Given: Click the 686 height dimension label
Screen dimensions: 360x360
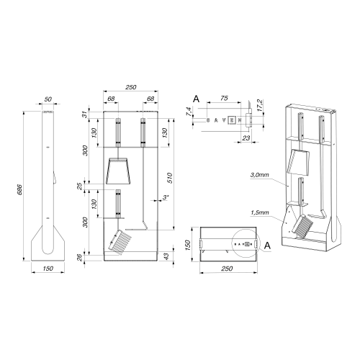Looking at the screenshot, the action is [20, 189].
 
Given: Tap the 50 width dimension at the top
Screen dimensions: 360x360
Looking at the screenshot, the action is [48, 99].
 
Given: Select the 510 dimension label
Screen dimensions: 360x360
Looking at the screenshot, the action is [170, 178].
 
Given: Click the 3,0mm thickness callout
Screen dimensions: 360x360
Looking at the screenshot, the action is [259, 175].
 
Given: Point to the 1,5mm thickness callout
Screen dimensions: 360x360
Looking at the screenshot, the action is [259, 212].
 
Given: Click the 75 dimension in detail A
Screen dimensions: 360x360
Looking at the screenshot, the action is [224, 98].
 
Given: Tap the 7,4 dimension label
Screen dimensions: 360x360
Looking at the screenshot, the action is [189, 112].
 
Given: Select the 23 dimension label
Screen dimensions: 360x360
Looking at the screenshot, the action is [246, 138].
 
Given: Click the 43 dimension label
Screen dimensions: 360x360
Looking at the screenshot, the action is [166, 256].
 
